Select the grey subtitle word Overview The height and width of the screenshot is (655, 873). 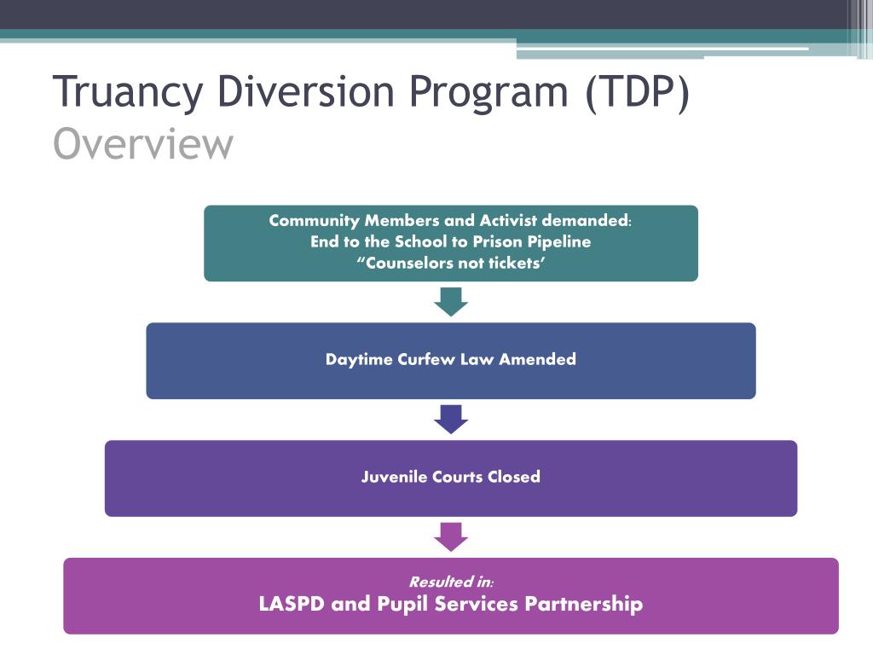pos(142,144)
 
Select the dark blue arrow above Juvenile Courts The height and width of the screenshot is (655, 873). pos(451,419)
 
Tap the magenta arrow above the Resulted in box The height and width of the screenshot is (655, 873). pos(451,536)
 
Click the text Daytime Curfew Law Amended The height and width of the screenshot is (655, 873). pos(450,359)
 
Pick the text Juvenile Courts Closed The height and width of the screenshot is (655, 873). pos(450,477)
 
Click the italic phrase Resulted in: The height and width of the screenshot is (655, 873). pos(451,583)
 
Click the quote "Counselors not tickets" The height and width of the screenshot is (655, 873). pos(450,263)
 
